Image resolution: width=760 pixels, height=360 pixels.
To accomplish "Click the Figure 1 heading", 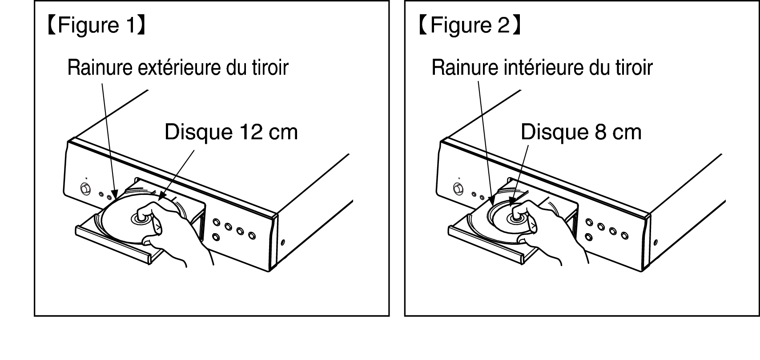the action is [x=97, y=25].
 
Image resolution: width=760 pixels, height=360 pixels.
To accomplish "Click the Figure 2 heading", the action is [x=470, y=25].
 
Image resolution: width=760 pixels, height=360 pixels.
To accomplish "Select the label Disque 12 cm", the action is [x=231, y=132].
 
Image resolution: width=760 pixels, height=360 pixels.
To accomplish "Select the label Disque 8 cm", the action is [x=581, y=132].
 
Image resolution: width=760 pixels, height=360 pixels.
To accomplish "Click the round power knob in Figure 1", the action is [x=85, y=189].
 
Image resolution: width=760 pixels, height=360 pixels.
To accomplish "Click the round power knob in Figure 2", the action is [x=458, y=189].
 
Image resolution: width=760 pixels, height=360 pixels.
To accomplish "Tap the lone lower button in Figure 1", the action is [x=216, y=236].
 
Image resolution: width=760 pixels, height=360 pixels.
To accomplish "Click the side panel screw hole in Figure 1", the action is [x=283, y=243].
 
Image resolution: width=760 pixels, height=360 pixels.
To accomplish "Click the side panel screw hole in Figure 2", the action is [x=655, y=243].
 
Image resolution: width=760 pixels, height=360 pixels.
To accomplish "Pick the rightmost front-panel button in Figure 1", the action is [x=252, y=235].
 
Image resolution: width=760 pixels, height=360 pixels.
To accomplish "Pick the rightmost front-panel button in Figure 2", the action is [x=625, y=235].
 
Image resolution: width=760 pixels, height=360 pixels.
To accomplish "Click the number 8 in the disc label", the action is [x=600, y=132].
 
